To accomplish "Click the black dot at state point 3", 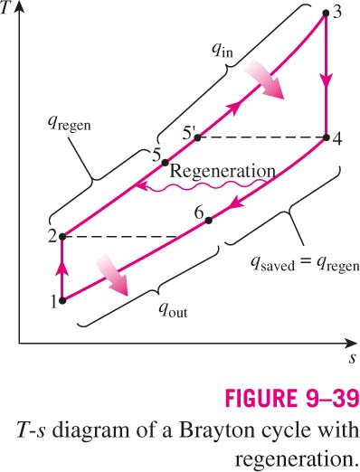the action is pos(326,13).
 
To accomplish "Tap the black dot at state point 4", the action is pos(326,137).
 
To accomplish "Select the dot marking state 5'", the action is pos(197,137).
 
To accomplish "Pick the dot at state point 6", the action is pos(208,221).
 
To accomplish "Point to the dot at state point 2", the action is pos(62,237).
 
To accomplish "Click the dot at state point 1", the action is pos(62,300).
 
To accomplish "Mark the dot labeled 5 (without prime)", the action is pos(165,163).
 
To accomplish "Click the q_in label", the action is pos(223,51).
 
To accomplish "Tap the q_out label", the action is pos(174,310).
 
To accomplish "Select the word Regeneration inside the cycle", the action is pos(223,171).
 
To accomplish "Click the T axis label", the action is pos(5,8).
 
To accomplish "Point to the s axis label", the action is pos(352,359).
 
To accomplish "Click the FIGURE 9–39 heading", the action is pos(292,399).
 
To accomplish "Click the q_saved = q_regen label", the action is pos(305,265).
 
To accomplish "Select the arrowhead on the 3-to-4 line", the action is pos(326,81).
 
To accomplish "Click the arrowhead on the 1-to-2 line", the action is pos(62,268).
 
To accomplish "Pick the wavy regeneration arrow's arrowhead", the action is pos(141,186).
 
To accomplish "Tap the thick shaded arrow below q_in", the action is pos(265,80).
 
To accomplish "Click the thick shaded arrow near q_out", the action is pos(112,275).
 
